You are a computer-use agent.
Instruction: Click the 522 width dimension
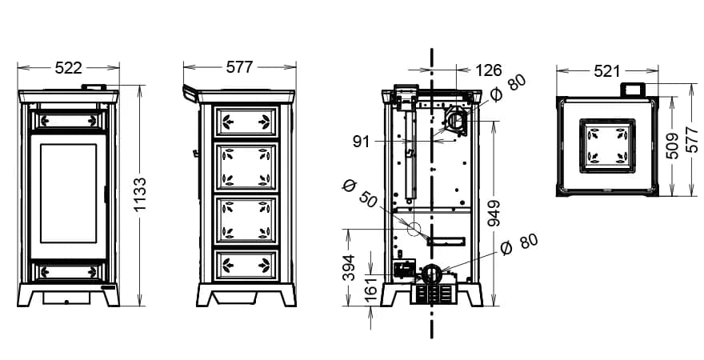[68, 68]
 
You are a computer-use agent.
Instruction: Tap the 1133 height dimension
[140, 194]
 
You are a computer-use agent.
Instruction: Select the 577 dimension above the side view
[239, 67]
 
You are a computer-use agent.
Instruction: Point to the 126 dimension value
[488, 70]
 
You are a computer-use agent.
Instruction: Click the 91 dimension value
[361, 142]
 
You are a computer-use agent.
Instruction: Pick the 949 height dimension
[494, 214]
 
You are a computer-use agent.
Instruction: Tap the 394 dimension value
[349, 267]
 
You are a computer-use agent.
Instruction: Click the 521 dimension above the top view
[606, 71]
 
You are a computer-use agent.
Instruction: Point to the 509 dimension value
[672, 146]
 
